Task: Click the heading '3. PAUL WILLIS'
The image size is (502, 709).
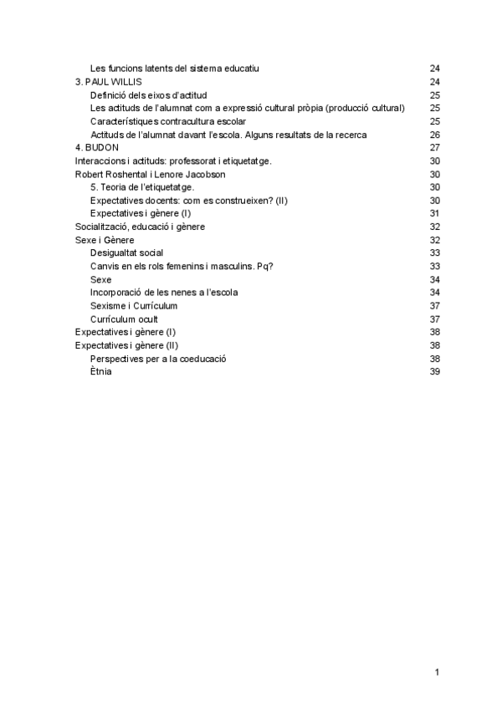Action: click(x=108, y=82)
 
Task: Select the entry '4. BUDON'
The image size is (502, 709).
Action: click(x=97, y=148)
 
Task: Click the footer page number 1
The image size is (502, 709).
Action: click(x=437, y=672)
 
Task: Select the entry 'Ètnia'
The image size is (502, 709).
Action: click(x=101, y=372)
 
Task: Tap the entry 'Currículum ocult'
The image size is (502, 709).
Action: click(x=124, y=319)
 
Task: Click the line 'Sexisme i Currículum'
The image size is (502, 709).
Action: click(x=134, y=306)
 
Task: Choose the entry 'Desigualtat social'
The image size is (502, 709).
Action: click(x=126, y=252)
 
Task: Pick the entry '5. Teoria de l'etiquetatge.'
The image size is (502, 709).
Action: click(x=142, y=187)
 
